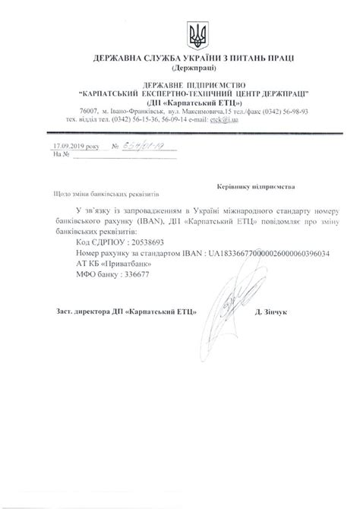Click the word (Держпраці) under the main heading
pos(181,68)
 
